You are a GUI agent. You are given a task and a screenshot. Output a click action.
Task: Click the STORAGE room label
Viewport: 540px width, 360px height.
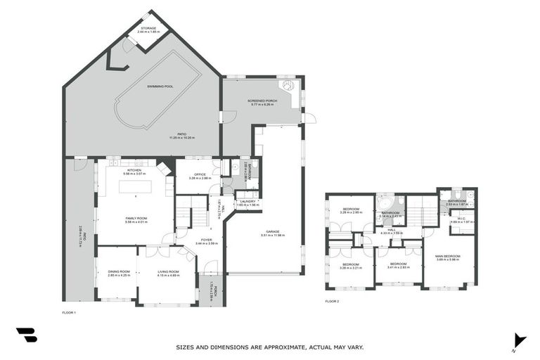click(x=148, y=28)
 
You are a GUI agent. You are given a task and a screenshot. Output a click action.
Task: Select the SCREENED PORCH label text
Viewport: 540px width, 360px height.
click(x=262, y=101)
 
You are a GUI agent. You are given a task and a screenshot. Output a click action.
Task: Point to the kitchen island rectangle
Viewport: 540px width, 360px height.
click(x=134, y=187)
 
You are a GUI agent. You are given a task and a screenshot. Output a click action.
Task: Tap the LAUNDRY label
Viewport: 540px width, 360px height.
click(x=247, y=202)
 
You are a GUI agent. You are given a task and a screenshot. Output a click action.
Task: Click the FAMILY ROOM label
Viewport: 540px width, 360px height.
click(x=135, y=219)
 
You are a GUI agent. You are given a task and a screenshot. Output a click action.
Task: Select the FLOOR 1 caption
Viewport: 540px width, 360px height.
click(x=69, y=310)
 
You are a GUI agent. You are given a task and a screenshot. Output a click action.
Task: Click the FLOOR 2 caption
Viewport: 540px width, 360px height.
click(x=332, y=300)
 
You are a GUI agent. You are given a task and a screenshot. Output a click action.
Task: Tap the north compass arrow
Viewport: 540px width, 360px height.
click(x=518, y=340)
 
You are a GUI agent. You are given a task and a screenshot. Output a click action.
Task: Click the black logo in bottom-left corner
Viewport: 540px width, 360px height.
click(x=27, y=335)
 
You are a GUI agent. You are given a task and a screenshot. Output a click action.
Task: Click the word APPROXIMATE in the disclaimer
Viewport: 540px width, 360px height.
click(x=272, y=347)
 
